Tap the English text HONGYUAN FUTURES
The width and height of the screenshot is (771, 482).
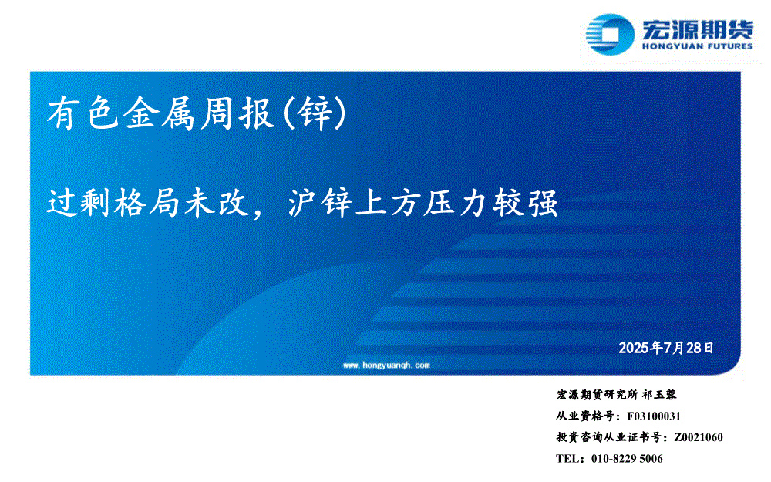tap(697, 46)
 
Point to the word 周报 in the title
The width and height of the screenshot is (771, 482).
tap(237, 113)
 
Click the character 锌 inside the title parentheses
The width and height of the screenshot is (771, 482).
tap(315, 113)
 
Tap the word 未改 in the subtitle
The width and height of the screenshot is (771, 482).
tap(217, 203)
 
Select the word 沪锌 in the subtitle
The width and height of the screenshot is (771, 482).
tap(320, 203)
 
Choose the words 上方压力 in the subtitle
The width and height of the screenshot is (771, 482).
tap(423, 203)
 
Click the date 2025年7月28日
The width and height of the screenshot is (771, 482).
tap(666, 348)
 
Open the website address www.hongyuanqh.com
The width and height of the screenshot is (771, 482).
tap(386, 365)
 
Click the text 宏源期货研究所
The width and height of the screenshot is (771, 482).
tap(597, 394)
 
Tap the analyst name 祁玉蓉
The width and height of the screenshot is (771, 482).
tap(659, 394)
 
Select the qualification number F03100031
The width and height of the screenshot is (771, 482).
tap(654, 416)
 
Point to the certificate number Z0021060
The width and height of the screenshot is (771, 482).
tap(699, 437)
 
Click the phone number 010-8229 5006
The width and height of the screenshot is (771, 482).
tap(627, 458)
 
